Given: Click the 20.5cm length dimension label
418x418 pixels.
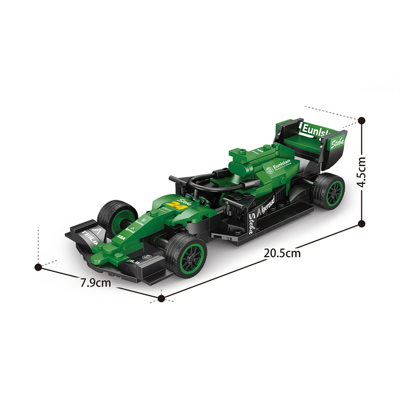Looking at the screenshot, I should point(282,253).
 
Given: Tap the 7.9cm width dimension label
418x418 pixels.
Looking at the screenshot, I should point(96,283).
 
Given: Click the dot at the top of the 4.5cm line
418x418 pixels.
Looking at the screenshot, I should point(362,121).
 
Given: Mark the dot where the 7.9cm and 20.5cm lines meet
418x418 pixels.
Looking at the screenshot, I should point(161,298).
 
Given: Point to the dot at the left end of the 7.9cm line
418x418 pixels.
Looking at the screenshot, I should point(38,267).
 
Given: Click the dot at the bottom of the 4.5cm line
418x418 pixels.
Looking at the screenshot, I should point(362,223).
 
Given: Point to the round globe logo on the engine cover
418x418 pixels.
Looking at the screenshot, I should point(269,169).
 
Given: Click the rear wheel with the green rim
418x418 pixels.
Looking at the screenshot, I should point(329,192).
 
